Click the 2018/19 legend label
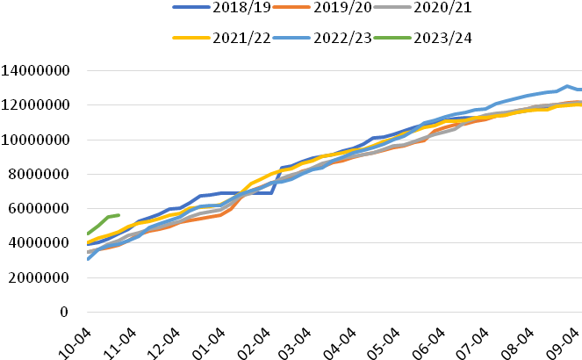coord(241,7)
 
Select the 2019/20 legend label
coord(342,7)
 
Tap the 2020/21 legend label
coord(442,7)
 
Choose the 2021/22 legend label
coord(241,38)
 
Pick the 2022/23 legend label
coord(342,38)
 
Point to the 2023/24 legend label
coord(442,38)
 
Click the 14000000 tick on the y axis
coord(35,70)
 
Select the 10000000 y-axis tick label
coord(35,140)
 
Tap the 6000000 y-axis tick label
coord(39,209)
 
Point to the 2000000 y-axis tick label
coord(39,277)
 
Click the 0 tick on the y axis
coord(64,312)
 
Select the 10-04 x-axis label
coord(75,343)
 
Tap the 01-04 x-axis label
coord(209,343)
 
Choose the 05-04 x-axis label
coord(384,343)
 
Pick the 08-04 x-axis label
coord(517,343)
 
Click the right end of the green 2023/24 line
coord(119,215)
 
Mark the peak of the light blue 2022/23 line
coord(567,86)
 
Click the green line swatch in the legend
coord(392,38)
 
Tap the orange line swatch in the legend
coord(291,7)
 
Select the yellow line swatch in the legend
coord(191,38)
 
